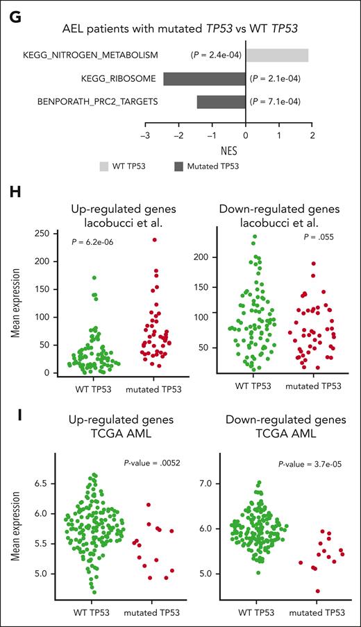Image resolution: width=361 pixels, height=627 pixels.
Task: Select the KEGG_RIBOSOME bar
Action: (204, 78)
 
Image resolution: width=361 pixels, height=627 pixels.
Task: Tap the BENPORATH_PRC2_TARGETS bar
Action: (221, 102)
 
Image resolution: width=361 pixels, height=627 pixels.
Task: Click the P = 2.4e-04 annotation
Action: (217, 55)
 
